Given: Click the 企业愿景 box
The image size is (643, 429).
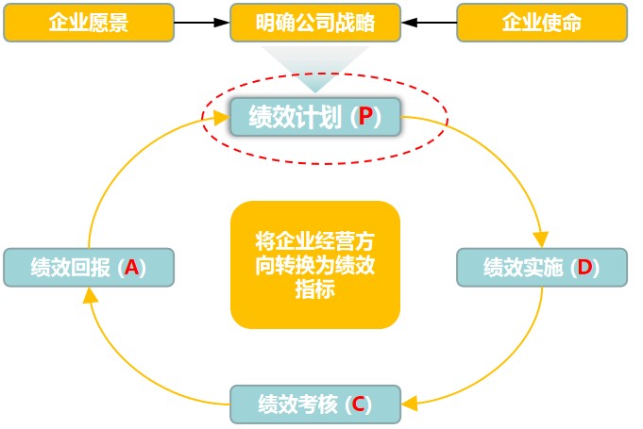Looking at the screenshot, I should (x=89, y=23).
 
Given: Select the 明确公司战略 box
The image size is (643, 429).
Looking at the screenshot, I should (x=315, y=23).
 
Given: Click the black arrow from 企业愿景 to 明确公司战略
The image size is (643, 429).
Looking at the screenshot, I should (x=202, y=23).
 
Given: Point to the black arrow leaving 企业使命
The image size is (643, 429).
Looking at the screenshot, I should (x=429, y=23).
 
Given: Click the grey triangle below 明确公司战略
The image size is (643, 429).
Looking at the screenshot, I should (x=315, y=67).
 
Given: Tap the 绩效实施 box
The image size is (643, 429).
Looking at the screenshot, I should (x=541, y=267).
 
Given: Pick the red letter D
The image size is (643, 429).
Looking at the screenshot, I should (x=584, y=268).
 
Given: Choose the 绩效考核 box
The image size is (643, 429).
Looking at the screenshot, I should (x=315, y=404).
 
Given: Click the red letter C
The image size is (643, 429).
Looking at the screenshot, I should (x=358, y=405).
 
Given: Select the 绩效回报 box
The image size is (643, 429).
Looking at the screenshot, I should (x=89, y=267).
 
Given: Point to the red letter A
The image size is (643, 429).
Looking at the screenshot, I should (x=131, y=268).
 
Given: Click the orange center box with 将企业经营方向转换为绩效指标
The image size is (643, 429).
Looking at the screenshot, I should (x=315, y=265).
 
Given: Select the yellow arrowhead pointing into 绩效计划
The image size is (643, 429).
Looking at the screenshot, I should (x=221, y=118).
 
